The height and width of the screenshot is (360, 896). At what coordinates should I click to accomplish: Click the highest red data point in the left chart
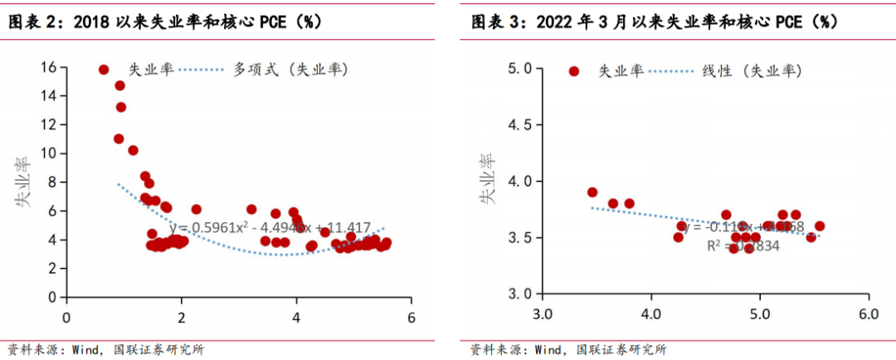point(104,70)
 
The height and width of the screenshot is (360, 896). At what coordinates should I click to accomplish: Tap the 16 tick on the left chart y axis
point(50,67)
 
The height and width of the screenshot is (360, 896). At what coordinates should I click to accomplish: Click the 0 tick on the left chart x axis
point(67,316)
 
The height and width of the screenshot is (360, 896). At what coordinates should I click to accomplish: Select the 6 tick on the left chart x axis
point(411,316)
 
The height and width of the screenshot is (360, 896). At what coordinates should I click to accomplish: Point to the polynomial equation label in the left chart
point(270,226)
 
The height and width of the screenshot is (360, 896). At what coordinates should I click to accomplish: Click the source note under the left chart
point(105,349)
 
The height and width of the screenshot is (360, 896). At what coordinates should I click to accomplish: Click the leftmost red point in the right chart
point(592,192)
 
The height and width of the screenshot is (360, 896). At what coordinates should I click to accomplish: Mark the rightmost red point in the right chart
point(820,226)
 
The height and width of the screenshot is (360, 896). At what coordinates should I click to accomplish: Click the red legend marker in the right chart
point(573,71)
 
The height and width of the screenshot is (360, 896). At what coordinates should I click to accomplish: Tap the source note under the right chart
point(567,349)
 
